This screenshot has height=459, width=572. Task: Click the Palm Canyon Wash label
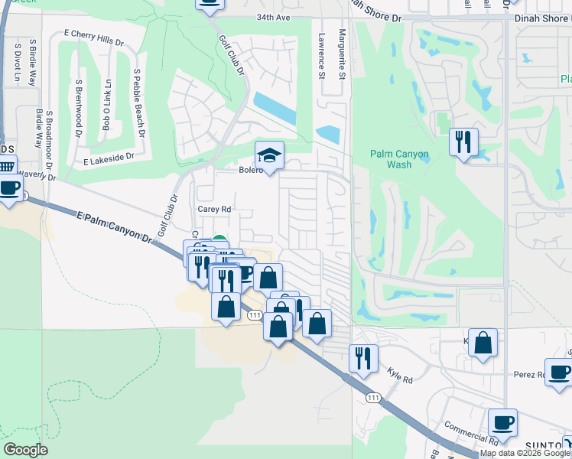[399, 159]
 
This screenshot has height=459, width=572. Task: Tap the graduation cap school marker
[269, 155]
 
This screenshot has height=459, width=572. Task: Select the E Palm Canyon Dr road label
[115, 228]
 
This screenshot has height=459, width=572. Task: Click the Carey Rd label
[214, 209]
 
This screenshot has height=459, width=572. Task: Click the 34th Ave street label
[273, 16]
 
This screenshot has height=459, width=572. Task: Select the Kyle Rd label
[400, 378]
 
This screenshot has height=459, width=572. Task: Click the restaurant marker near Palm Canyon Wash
[463, 142]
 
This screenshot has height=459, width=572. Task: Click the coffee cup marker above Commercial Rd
[503, 422]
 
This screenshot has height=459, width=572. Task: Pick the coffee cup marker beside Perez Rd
[559, 373]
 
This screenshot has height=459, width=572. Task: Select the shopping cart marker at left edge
[5, 166]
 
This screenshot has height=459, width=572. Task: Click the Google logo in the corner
[25, 450]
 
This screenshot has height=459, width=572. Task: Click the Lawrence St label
[322, 55]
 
